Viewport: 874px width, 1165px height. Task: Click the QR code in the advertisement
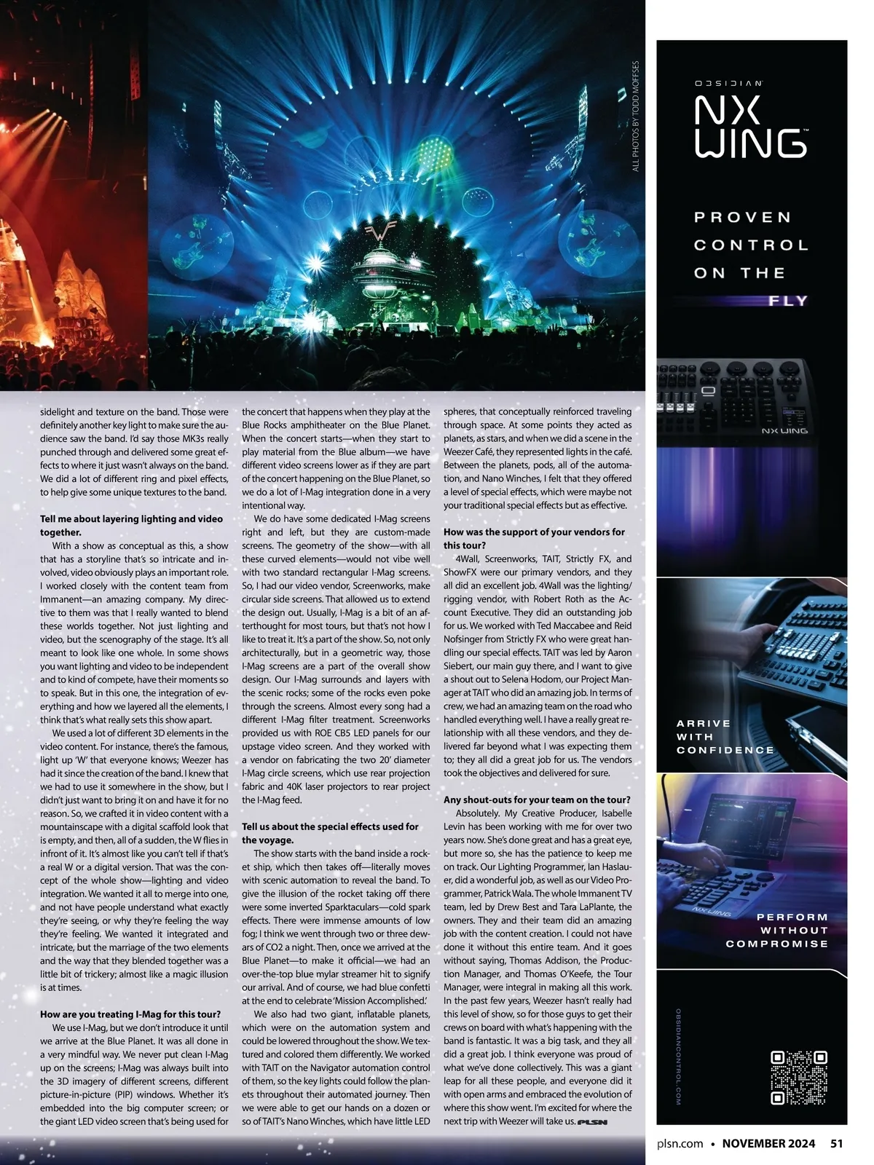(799, 1078)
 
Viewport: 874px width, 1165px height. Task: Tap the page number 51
(836, 1143)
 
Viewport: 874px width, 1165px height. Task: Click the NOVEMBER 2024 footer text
(768, 1143)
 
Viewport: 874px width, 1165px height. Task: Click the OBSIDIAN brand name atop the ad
(728, 84)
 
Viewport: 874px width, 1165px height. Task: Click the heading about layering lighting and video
(131, 526)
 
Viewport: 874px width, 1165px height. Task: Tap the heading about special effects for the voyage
(330, 833)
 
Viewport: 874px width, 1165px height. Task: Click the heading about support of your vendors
(534, 539)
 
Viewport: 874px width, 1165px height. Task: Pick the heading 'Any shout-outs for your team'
(537, 799)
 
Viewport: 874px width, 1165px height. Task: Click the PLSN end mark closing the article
(592, 1122)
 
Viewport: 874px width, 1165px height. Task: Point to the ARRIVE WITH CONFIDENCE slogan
(725, 736)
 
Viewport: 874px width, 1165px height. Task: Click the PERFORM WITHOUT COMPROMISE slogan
(777, 930)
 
